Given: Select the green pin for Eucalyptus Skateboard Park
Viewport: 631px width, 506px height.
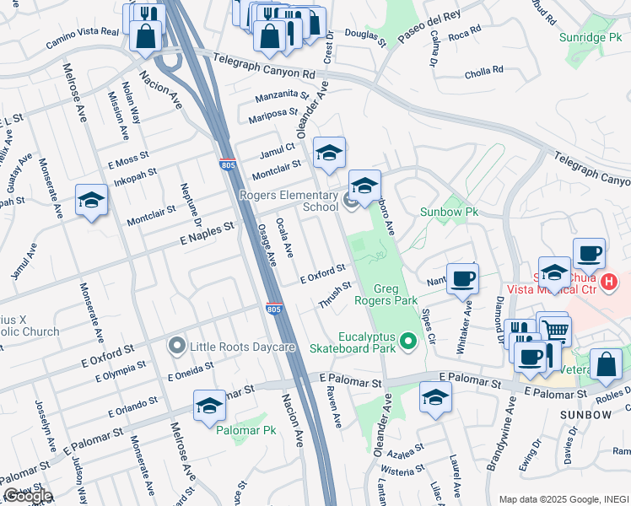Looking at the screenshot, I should point(409,342).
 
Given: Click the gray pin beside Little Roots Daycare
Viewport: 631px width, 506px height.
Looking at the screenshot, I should point(176,346).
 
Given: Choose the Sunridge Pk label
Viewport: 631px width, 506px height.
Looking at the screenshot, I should point(589,37).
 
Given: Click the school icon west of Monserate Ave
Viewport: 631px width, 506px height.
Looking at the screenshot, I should point(91,201).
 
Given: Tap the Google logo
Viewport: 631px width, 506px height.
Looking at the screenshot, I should point(27,496).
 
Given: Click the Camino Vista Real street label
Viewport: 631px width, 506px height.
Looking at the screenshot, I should point(82,30).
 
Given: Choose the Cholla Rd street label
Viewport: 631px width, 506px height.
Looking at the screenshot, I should point(483,73).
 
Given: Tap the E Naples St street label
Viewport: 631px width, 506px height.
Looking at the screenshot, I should point(206,234).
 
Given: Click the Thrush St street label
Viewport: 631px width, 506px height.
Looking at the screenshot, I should point(335,294).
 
